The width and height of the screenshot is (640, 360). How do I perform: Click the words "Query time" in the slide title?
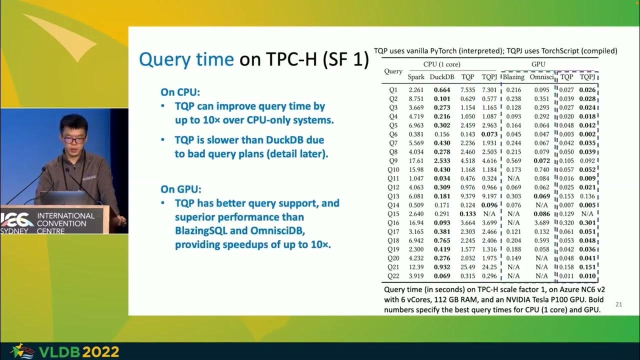(x=186, y=59)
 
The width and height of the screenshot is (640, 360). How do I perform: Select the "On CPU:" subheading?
(x=180, y=92)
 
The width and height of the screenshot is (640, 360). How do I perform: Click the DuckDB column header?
(x=442, y=77)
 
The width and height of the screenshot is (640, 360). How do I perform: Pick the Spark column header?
(x=416, y=77)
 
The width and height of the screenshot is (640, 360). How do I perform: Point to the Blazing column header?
(x=513, y=77)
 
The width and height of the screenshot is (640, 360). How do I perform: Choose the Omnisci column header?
(x=542, y=77)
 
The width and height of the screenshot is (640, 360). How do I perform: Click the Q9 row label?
(x=392, y=161)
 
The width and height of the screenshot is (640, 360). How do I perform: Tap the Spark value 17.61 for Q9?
(x=416, y=161)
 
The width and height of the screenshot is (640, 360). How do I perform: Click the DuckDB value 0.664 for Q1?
(x=442, y=90)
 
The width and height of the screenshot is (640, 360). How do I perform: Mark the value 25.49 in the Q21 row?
(x=467, y=267)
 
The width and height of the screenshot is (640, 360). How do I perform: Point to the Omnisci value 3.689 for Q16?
(x=542, y=223)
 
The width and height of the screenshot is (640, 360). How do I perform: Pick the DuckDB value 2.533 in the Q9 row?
(x=442, y=161)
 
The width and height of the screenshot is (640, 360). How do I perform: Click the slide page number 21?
(x=618, y=304)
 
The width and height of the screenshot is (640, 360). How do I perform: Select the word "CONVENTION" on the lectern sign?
(x=62, y=223)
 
